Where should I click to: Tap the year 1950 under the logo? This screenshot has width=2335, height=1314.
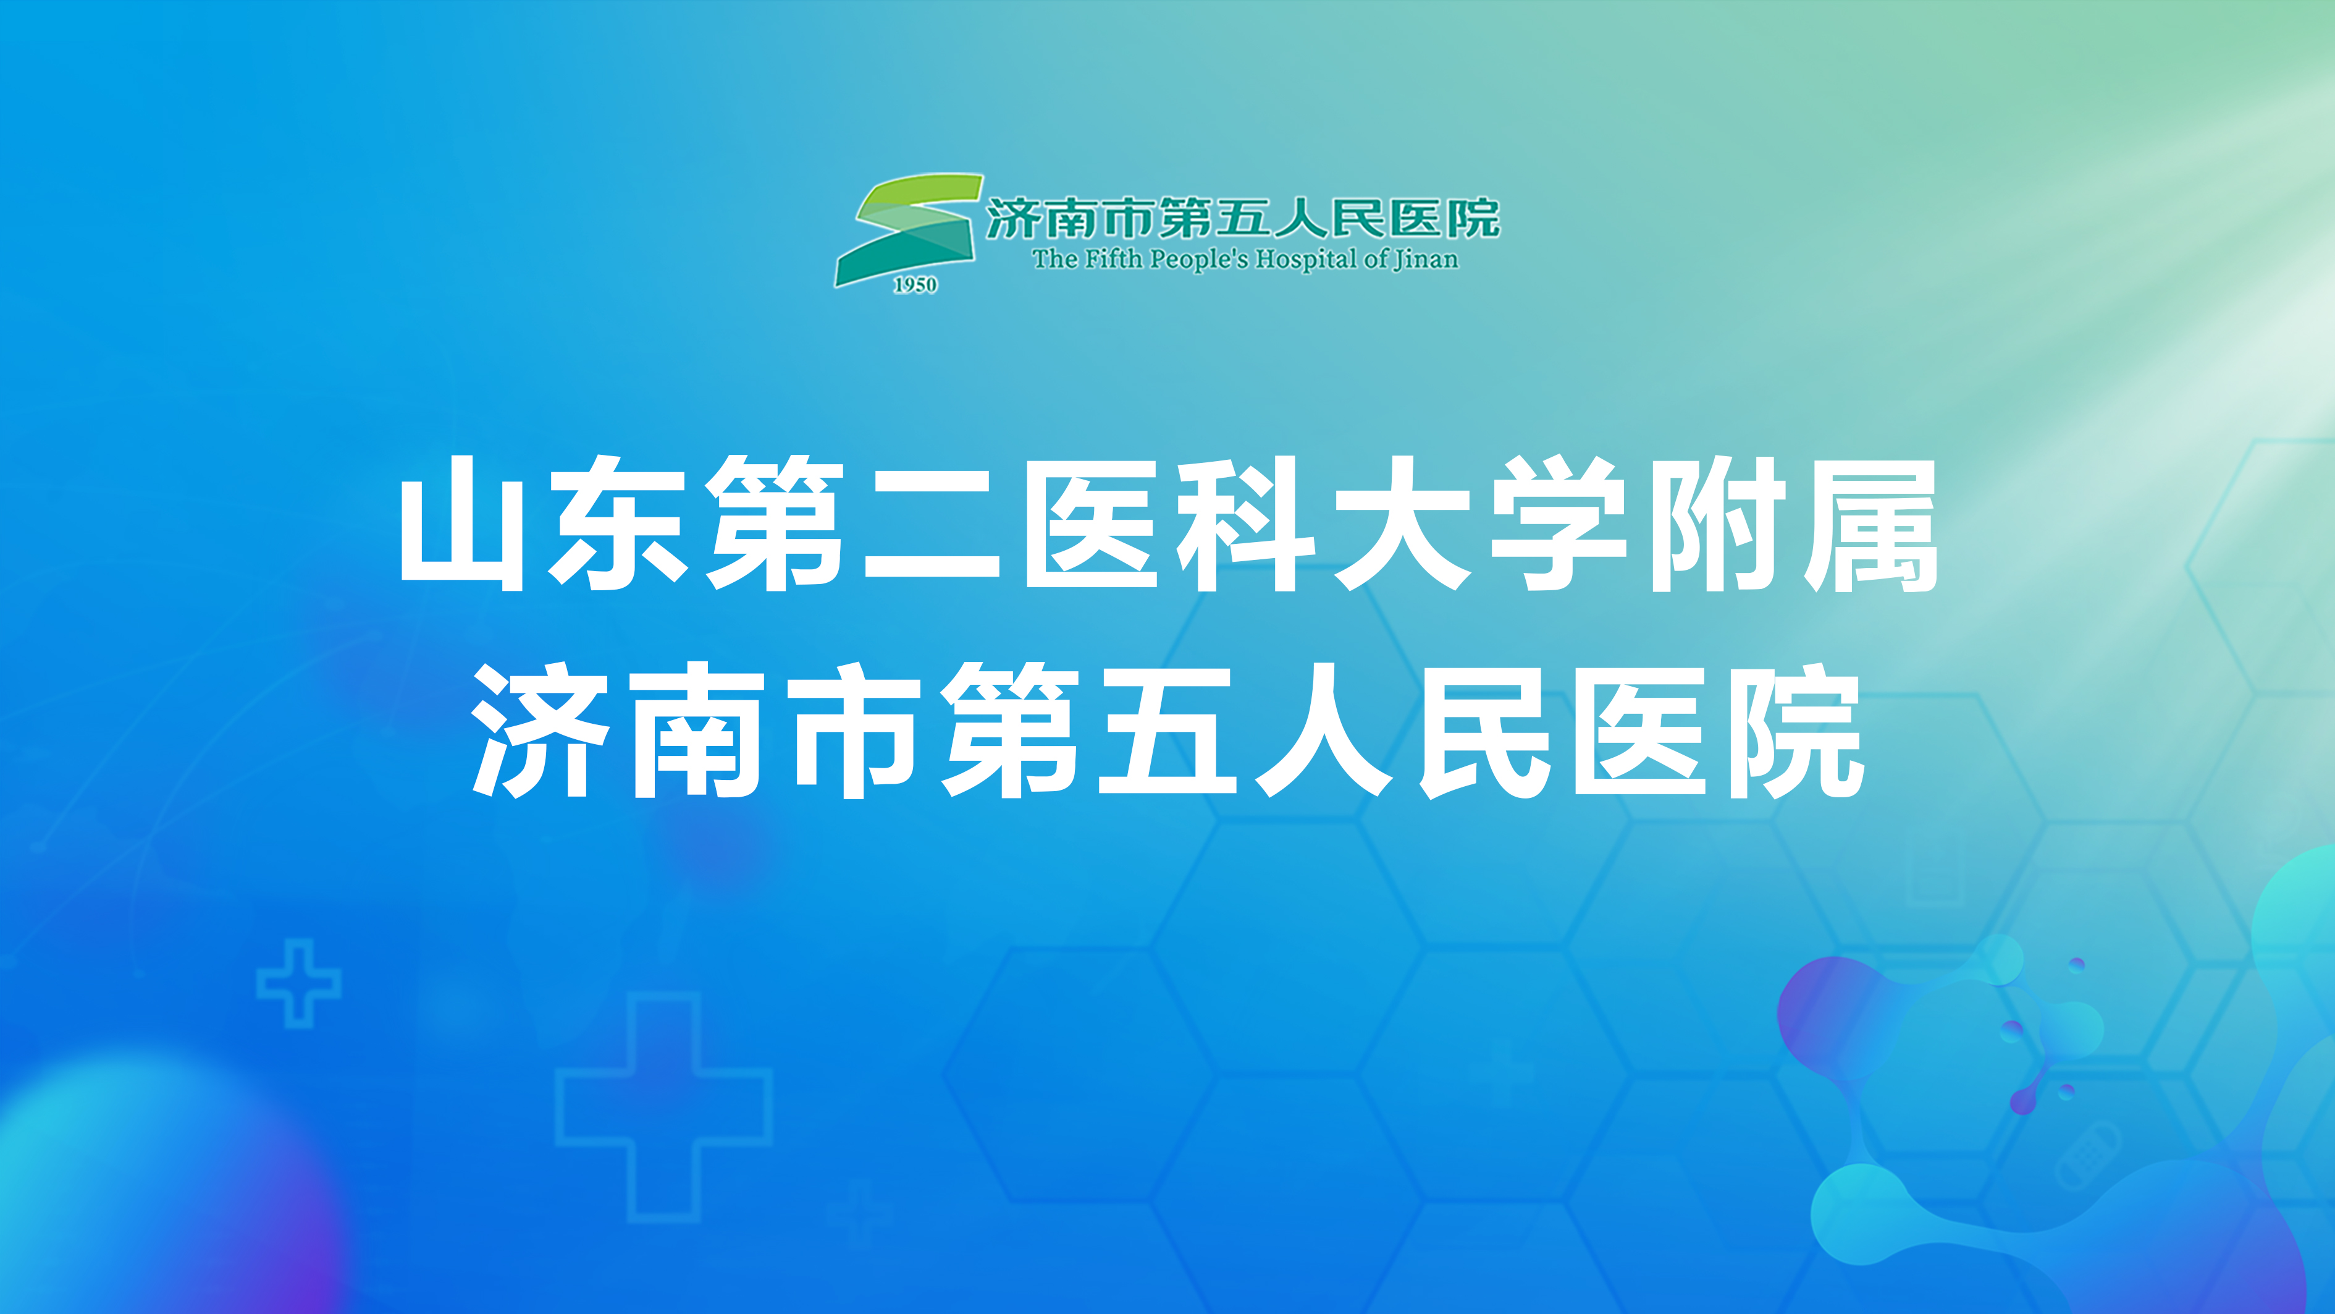(915, 285)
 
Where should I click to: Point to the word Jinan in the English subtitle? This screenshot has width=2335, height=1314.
(1426, 260)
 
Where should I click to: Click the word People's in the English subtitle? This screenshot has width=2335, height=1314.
(1198, 260)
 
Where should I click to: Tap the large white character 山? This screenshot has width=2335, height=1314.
(462, 524)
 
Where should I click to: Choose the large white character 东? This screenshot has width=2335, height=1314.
(619, 524)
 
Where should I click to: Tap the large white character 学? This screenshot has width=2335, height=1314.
(1557, 524)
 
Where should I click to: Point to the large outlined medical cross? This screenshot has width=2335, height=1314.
(663, 1106)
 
